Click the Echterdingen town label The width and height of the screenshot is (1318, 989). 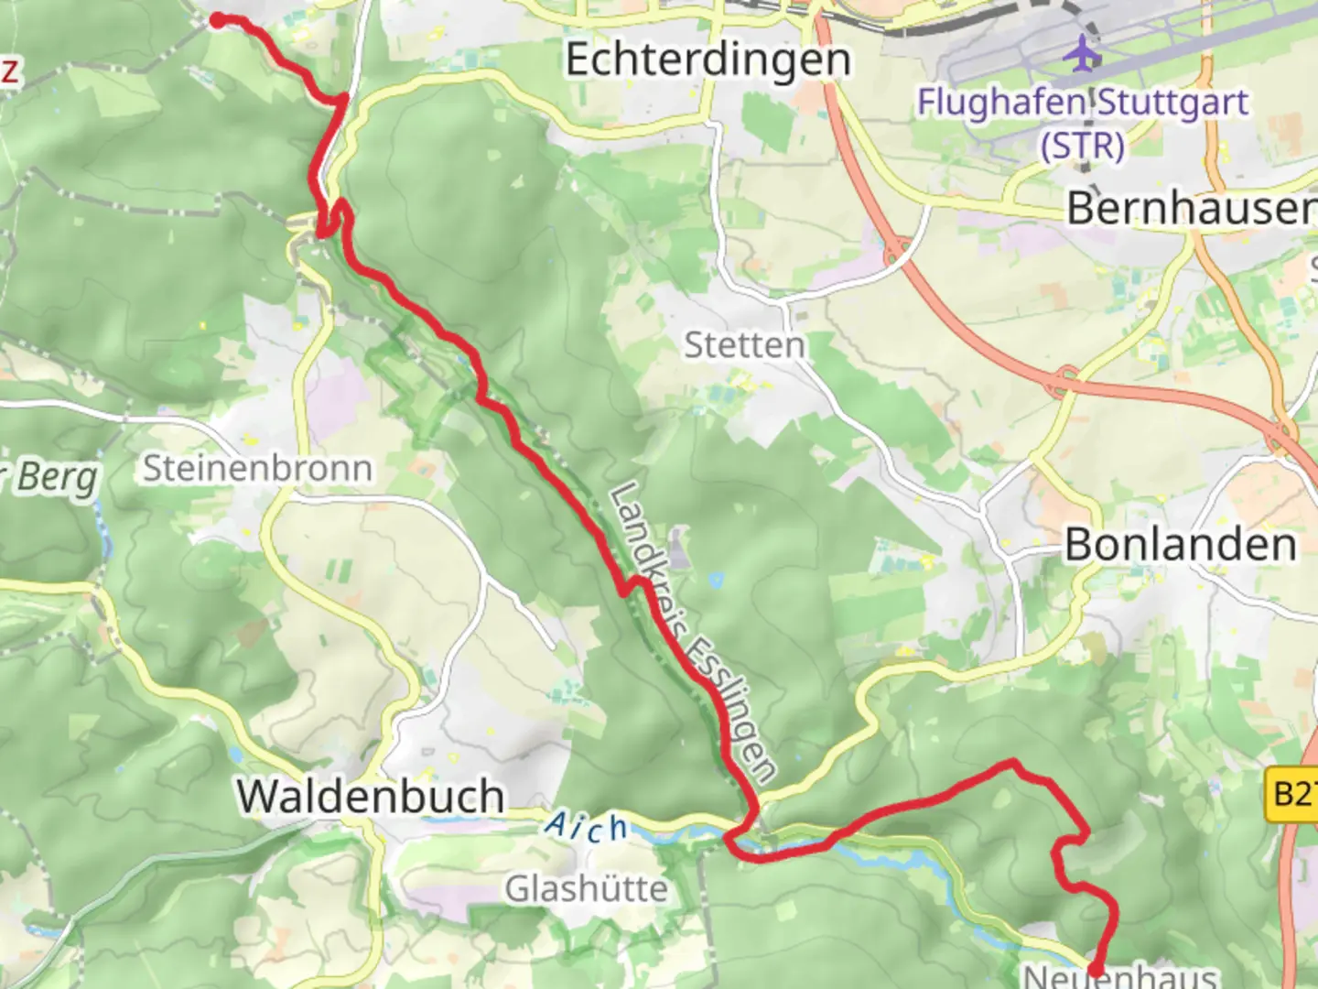(708, 60)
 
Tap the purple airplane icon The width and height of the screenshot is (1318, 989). (1084, 52)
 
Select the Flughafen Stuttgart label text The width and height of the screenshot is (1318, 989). (1083, 103)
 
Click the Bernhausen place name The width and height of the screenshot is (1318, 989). (1191, 209)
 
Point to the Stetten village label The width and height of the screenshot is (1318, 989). (744, 346)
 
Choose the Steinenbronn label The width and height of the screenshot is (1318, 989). (258, 468)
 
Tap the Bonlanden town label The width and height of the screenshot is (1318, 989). (1181, 546)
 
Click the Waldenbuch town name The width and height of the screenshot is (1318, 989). (371, 796)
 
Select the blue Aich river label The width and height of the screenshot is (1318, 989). (587, 827)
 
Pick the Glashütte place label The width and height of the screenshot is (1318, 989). (586, 888)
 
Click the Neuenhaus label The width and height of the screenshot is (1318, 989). (1119, 975)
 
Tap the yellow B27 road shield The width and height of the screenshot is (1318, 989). (1294, 792)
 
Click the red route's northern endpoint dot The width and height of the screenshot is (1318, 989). (218, 19)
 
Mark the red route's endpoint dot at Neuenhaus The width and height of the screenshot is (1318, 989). (1095, 969)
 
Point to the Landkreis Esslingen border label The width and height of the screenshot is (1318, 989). (692, 632)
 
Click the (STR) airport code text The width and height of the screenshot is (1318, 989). (1082, 146)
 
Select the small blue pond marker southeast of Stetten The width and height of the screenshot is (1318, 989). (715, 580)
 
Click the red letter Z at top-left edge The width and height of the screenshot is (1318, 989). (9, 70)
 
